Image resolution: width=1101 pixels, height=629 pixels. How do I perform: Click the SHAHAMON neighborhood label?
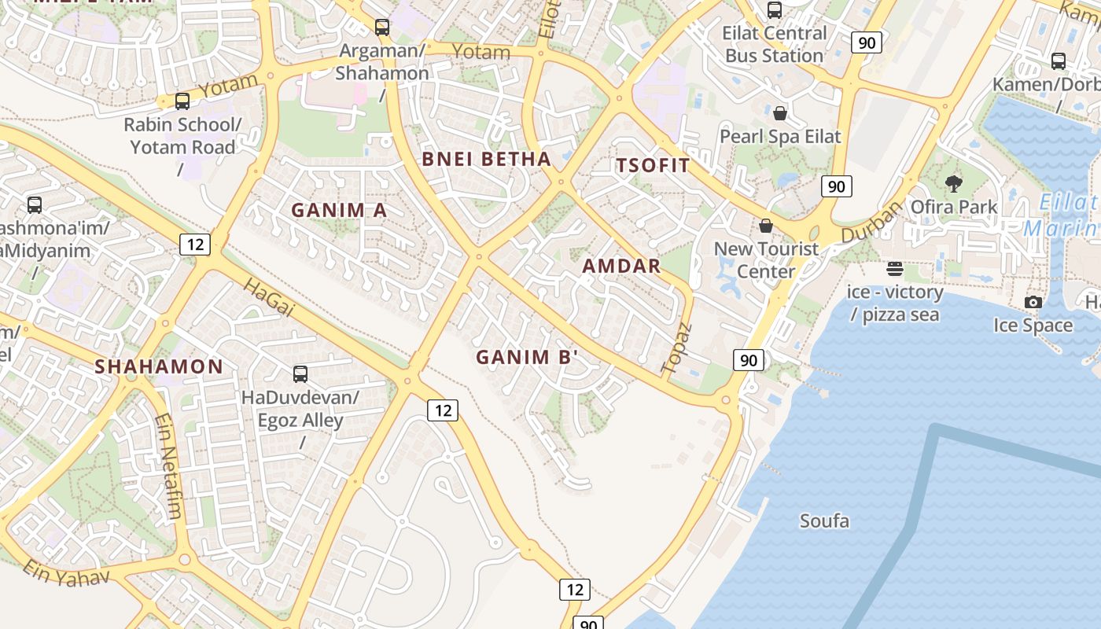159,366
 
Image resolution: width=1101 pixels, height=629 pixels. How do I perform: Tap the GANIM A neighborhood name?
339,210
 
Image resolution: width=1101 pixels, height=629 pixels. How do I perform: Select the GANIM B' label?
527,357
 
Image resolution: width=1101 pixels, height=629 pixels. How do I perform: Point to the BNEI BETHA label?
486,159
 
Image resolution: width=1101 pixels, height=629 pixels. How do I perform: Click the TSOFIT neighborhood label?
653,165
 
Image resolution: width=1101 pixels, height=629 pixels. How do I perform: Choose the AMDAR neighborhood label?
621,266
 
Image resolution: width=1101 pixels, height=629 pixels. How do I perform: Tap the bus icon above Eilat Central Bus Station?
775,10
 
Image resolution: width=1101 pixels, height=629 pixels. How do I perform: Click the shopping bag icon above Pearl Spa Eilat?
780,113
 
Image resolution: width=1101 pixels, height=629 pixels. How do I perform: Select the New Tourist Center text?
766,260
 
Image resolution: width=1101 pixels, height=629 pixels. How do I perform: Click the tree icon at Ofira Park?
954,184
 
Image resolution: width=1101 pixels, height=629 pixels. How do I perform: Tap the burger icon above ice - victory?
894,269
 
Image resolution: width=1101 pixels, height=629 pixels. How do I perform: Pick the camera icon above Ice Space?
1033,302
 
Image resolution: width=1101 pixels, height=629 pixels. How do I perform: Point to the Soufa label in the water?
824,520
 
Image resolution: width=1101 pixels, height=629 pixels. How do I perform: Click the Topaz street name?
676,348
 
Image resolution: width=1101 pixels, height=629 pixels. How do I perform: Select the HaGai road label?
268,298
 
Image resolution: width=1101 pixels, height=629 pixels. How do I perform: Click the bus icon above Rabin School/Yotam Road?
182,101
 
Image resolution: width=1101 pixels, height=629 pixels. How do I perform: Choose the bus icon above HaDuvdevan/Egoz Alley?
300,374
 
